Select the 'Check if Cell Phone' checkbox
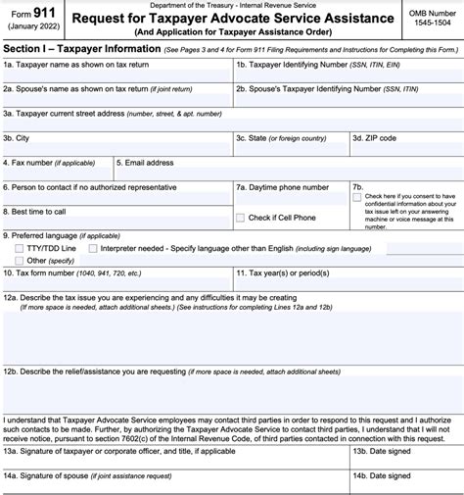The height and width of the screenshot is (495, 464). [x=241, y=218]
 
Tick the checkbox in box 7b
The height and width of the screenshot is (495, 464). [x=357, y=197]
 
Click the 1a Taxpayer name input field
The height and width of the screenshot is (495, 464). [x=116, y=77]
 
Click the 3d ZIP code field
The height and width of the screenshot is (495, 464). [x=405, y=152]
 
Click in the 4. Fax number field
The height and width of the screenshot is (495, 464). [x=57, y=176]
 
